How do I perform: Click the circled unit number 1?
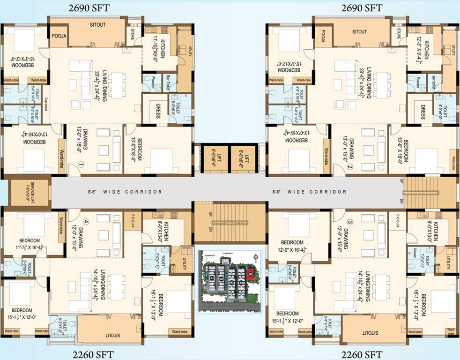point(81,165)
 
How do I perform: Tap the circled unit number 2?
point(349,166)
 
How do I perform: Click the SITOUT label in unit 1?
point(98,25)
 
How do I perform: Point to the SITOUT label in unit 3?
point(370,332)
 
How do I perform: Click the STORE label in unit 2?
point(399,32)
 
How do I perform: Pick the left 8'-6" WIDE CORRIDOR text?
point(125,192)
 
